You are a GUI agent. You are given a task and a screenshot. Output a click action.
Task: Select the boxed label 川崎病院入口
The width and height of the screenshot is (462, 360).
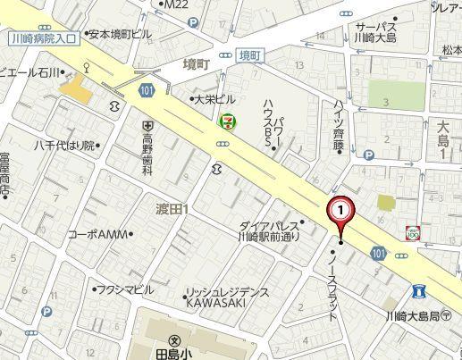coord(41,38)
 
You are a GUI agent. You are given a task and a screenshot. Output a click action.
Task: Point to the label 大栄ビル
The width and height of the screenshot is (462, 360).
coord(214,99)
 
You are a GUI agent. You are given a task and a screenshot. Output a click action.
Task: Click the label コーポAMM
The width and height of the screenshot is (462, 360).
coord(98,234)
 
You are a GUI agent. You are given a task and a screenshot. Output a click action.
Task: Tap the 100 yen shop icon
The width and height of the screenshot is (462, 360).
coord(412,232)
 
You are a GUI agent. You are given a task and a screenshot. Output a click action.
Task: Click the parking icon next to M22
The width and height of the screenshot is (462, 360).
coord(192,22)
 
